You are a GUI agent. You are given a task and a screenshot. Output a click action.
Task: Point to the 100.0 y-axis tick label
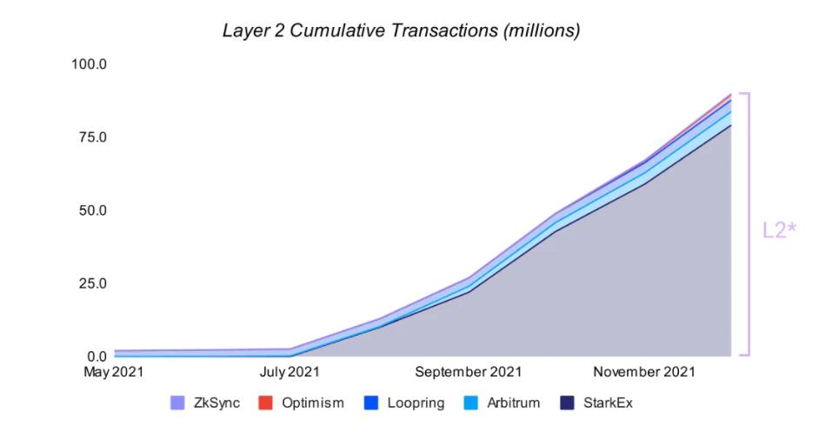click(89, 64)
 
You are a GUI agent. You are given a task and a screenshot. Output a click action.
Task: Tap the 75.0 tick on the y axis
click(90, 137)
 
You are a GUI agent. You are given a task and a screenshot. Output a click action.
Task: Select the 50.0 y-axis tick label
click(90, 210)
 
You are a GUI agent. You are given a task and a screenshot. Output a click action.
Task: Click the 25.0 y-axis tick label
click(90, 283)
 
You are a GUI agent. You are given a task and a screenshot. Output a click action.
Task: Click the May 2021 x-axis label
click(113, 372)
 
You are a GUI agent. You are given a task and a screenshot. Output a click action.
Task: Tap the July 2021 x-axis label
click(290, 372)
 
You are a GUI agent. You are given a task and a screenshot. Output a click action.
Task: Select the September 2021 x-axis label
click(468, 372)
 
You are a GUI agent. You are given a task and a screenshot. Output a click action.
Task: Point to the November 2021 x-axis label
click(644, 372)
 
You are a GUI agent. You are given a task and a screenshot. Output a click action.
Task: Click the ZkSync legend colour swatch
click(178, 403)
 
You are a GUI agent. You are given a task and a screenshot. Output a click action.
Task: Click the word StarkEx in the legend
click(609, 403)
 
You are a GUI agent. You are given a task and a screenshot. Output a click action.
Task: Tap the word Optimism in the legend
click(313, 403)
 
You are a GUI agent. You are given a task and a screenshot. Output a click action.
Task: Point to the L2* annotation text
click(780, 230)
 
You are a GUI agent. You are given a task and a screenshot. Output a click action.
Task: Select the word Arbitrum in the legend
click(513, 403)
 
